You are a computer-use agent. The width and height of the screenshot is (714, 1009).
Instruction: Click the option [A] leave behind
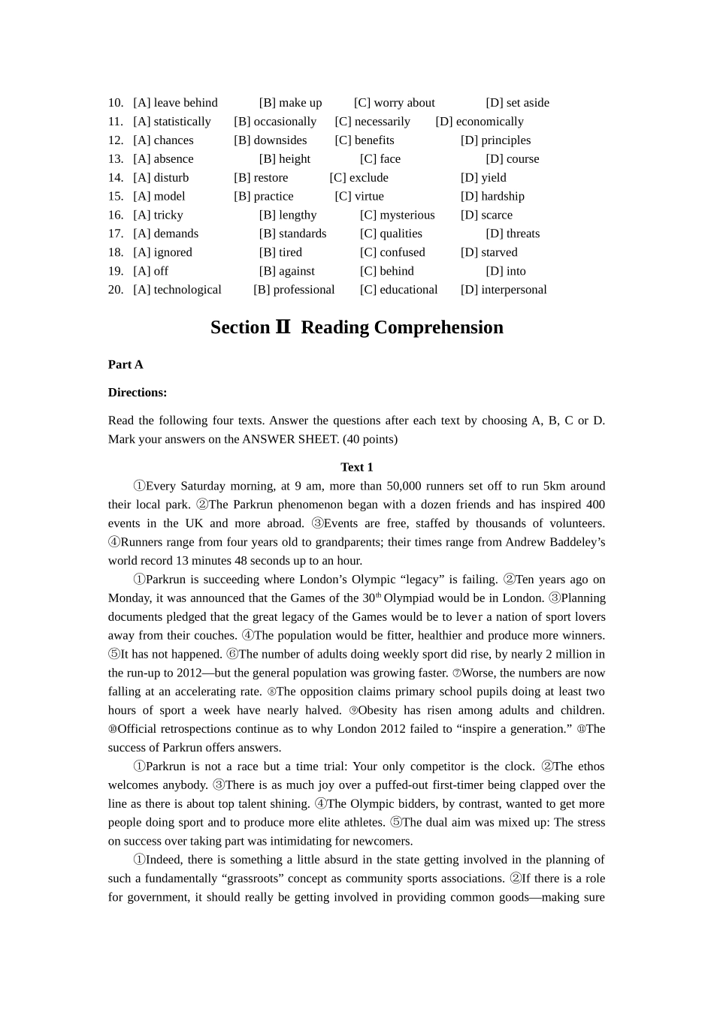[x=175, y=103]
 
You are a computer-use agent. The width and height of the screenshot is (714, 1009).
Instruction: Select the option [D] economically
[x=480, y=122]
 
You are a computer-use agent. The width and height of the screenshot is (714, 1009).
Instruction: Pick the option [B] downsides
[x=271, y=140]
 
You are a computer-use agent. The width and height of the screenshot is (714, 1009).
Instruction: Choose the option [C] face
[x=380, y=159]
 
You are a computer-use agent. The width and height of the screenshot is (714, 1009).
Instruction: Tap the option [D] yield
[x=483, y=178]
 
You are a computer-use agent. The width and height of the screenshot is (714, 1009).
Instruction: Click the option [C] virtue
[x=359, y=197]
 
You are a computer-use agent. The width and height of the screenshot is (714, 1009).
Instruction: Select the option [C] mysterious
[x=398, y=215]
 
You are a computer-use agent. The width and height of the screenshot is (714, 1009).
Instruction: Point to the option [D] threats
[x=513, y=234]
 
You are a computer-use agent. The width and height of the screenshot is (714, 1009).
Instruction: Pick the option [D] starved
[x=489, y=253]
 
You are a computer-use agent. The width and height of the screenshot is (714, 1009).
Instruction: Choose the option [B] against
[x=287, y=272]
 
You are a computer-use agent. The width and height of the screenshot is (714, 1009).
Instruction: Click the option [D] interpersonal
[x=504, y=290]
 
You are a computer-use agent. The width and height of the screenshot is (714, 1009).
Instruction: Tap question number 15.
[x=116, y=197]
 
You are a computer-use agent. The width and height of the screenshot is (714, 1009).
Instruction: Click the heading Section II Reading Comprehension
[x=357, y=327]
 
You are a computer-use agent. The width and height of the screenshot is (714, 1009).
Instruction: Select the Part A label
[x=126, y=365]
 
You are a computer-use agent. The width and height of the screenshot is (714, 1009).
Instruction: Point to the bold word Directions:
[x=138, y=393]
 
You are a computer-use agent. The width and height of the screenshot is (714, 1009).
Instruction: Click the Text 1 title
[x=357, y=467]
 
